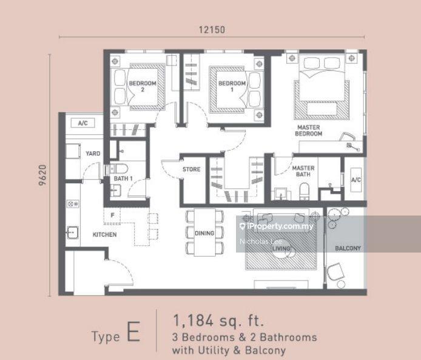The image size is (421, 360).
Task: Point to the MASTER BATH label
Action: (303, 171)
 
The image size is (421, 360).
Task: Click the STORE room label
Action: (191, 169)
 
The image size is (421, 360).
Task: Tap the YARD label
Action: (93, 154)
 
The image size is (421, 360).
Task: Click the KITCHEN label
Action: (104, 234)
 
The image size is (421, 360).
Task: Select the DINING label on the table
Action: (204, 233)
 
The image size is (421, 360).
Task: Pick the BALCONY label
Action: (348, 248)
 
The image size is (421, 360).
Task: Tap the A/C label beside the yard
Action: (83, 123)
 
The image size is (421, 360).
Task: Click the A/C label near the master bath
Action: (356, 180)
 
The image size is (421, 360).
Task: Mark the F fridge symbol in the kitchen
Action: (112, 214)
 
